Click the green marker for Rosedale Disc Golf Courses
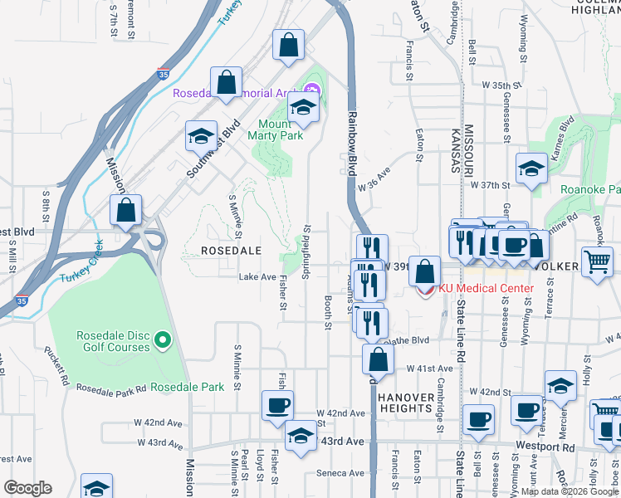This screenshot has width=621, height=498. coord(164,339)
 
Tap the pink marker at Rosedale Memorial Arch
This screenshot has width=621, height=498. coord(312,89)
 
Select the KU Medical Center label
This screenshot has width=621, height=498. coord(486,288)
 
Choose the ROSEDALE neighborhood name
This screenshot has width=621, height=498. coord(232,250)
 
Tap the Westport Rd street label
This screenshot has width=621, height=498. coord(545,447)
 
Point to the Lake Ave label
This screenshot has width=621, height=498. coord(257,277)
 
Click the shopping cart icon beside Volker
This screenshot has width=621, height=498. coord(598,262)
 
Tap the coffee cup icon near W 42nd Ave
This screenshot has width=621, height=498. coord(277,406)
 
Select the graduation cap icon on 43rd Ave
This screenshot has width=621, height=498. coord(300,435)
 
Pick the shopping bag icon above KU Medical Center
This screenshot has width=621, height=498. coord(424,271)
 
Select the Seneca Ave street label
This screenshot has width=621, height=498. coord(340,474)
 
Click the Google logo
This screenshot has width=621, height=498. coord(28,488)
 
